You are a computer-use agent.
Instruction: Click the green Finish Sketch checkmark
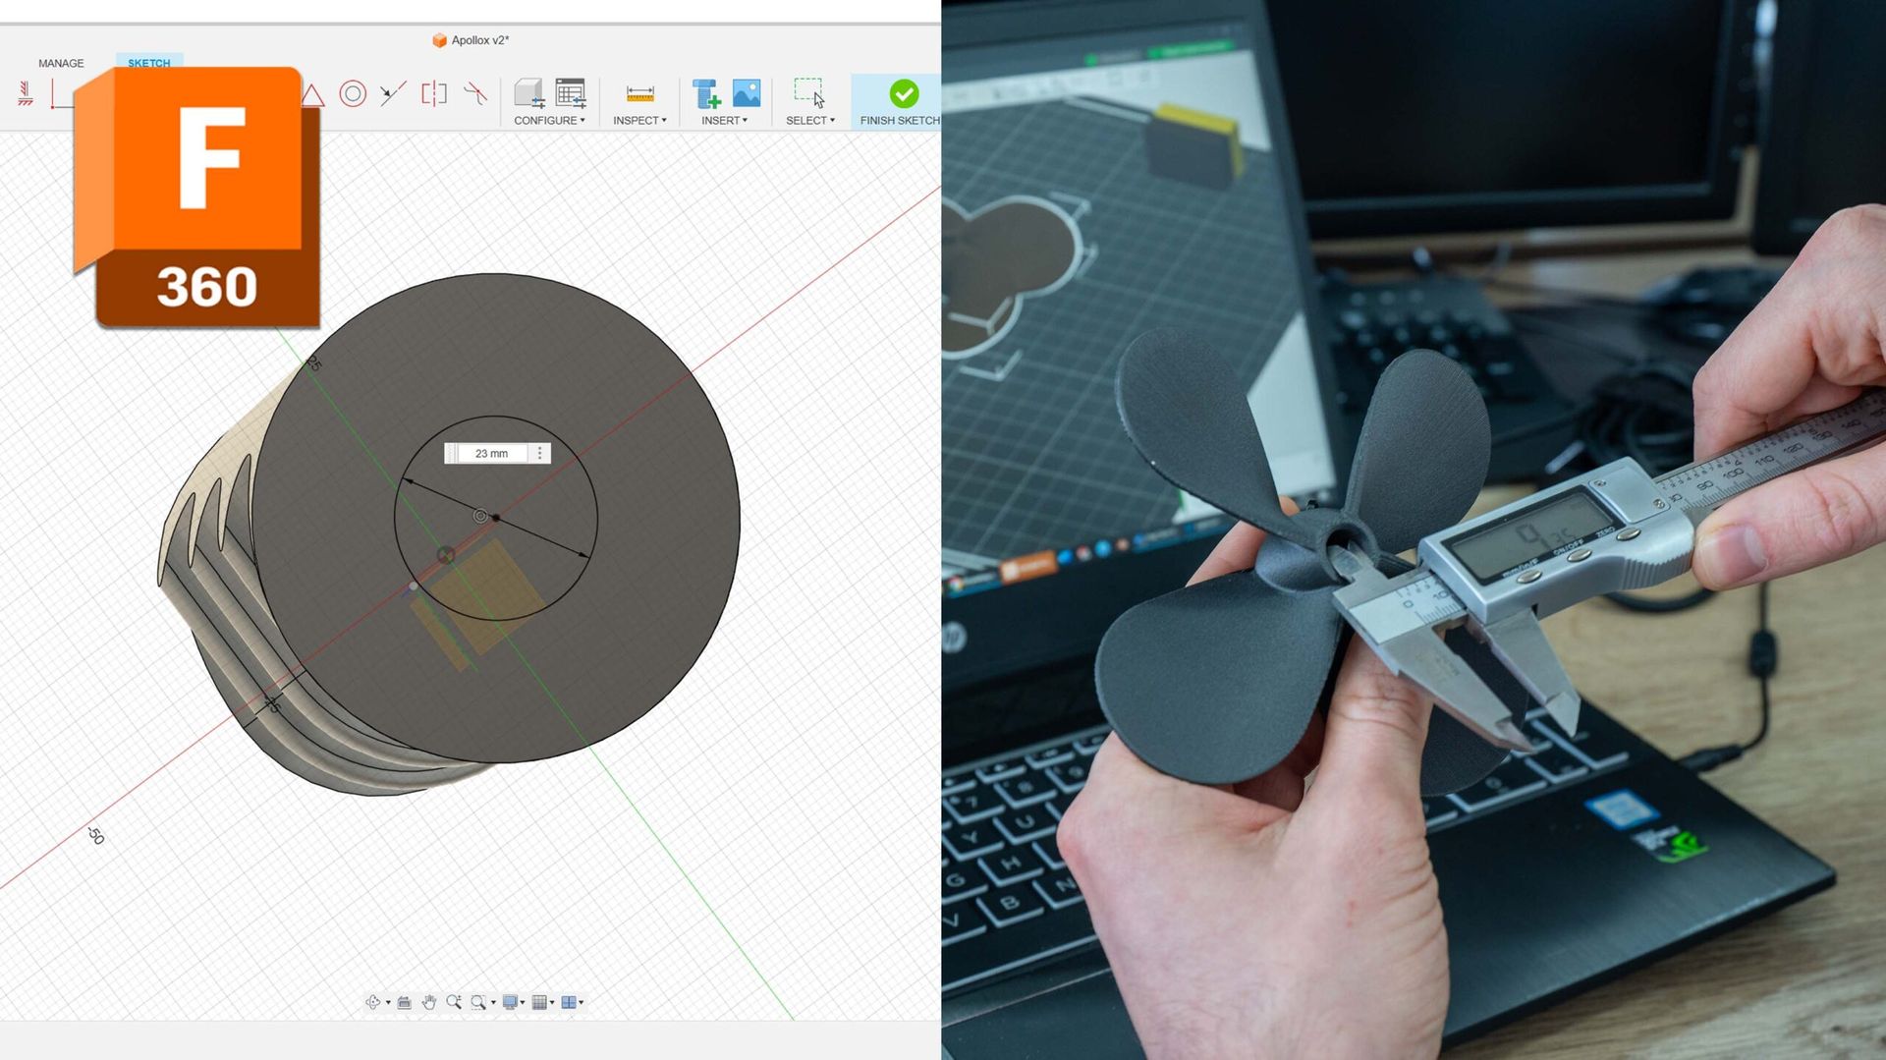tap(904, 93)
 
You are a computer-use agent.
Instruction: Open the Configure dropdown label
tap(548, 120)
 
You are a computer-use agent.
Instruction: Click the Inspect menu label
tap(638, 120)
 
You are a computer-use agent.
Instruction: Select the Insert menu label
tap(723, 120)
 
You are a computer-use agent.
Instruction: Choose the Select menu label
tap(808, 120)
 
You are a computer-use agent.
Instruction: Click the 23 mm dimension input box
tap(492, 453)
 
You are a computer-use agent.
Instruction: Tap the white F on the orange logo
tap(210, 157)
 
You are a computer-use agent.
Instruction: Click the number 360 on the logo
tap(206, 287)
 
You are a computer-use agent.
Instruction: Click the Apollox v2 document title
tap(479, 40)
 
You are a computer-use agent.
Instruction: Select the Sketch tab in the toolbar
tap(148, 62)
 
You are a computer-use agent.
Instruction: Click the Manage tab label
tap(61, 63)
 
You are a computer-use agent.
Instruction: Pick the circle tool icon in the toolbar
tap(353, 93)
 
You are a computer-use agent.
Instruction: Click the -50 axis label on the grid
tap(95, 835)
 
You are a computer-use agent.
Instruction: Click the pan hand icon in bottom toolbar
tap(428, 1002)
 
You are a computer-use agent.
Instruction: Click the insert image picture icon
tap(747, 92)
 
